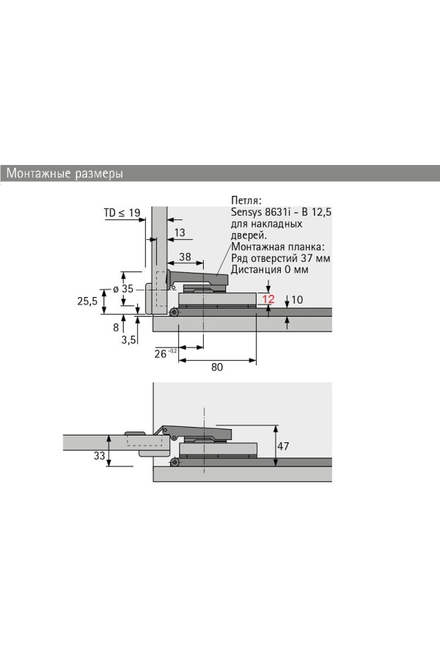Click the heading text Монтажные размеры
pos(65,173)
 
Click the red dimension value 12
pos(268,299)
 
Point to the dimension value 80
pos(217,367)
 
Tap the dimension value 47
pos(283,445)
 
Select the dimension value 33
pos(100,455)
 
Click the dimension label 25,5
pos(87,301)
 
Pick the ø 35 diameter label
pos(123,289)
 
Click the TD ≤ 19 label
pos(122,213)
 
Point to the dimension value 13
pos(180,232)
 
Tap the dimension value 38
pos(185,257)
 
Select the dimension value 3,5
pos(129,340)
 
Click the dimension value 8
pos(116,327)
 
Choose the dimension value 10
pos(297,300)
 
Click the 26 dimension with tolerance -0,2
pos(166,353)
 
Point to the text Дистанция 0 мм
pos(269,269)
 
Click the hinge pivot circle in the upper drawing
pos(174,312)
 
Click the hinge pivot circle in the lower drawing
pos(175,463)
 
